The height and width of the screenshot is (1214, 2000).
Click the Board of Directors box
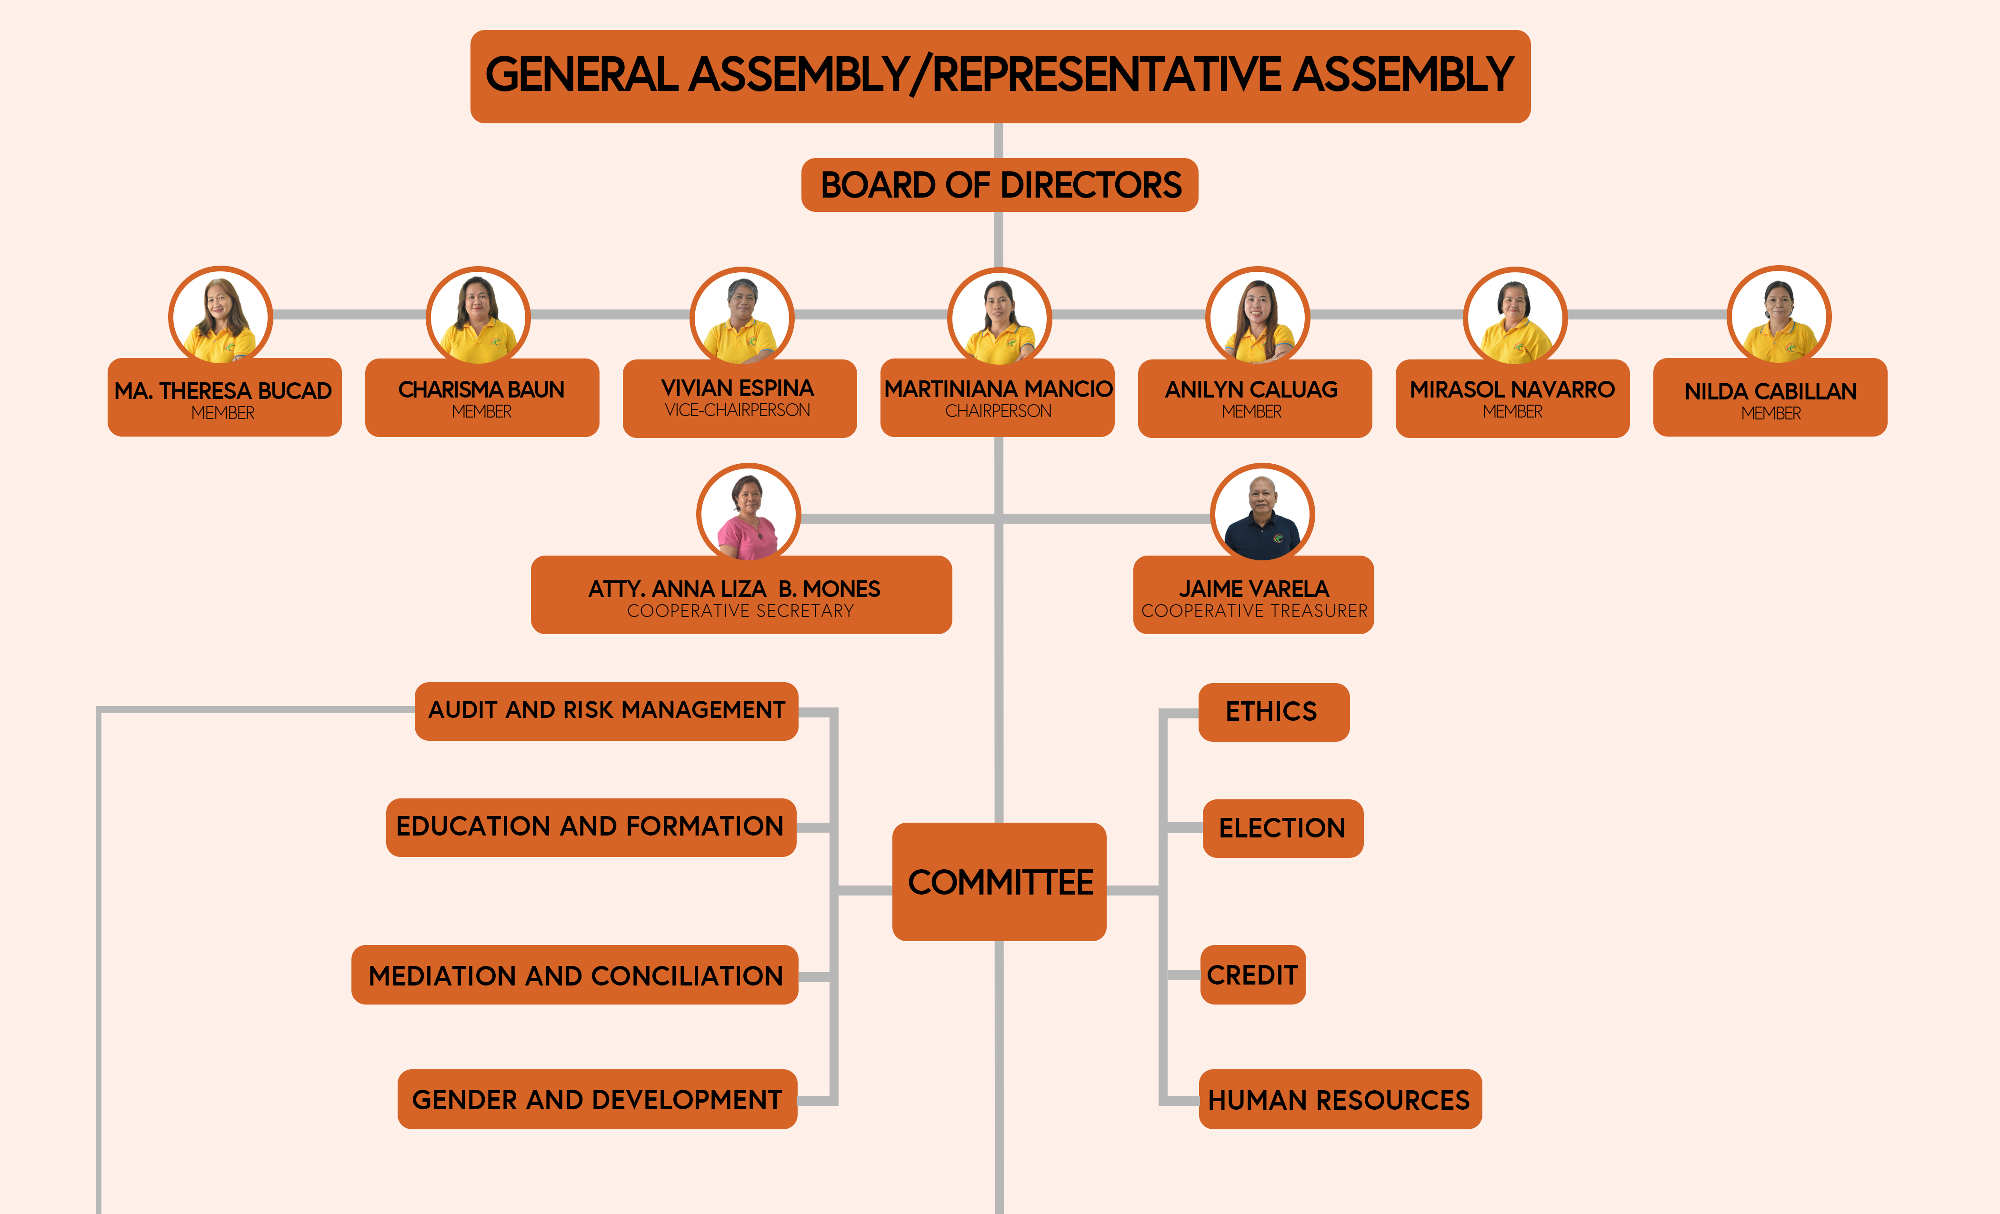pyautogui.click(x=999, y=185)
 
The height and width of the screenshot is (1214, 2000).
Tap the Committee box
pyautogui.click(x=999, y=882)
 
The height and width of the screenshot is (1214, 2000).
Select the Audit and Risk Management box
pyautogui.click(x=606, y=711)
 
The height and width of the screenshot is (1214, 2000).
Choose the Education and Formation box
pyautogui.click(x=591, y=827)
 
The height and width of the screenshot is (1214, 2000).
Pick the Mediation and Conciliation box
pyautogui.click(x=575, y=975)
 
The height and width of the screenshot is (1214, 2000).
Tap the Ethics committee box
pyautogui.click(x=1273, y=712)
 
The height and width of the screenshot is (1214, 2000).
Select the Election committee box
pyautogui.click(x=1282, y=828)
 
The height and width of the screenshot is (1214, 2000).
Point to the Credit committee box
pyautogui.click(x=1252, y=975)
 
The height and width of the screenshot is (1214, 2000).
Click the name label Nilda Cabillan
pyautogui.click(x=1770, y=391)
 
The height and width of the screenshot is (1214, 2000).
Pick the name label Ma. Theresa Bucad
pyautogui.click(x=223, y=391)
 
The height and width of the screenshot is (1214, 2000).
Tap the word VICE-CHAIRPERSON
pyautogui.click(x=738, y=410)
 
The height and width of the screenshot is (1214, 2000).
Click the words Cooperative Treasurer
pyautogui.click(x=1254, y=611)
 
